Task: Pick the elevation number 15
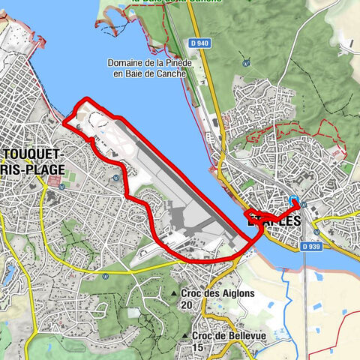[x=197, y=347]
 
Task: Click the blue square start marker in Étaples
[x=295, y=201]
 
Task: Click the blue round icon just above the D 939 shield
[x=304, y=204]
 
